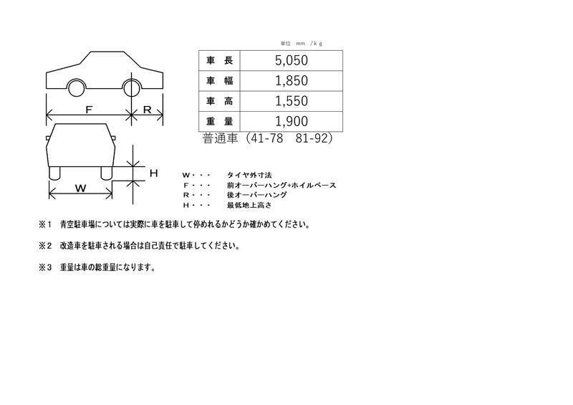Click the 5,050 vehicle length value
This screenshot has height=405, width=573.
pyautogui.click(x=292, y=60)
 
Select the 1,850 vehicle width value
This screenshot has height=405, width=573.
pyautogui.click(x=292, y=81)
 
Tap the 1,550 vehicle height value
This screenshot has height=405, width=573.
pyautogui.click(x=292, y=101)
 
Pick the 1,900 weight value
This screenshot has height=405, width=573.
pyautogui.click(x=292, y=121)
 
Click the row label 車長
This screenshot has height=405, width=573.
pyautogui.click(x=219, y=60)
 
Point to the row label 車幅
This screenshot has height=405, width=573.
pyautogui.click(x=219, y=81)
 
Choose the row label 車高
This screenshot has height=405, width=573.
pyautogui.click(x=219, y=101)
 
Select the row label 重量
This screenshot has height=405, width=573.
pyautogui.click(x=219, y=121)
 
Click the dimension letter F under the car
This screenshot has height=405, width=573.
pyautogui.click(x=89, y=110)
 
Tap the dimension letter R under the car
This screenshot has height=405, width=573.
pyautogui.click(x=148, y=110)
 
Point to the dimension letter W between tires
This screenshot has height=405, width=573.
pyautogui.click(x=81, y=189)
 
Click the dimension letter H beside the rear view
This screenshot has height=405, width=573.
pyautogui.click(x=154, y=173)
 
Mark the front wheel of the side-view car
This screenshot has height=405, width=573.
pyautogui.click(x=77, y=87)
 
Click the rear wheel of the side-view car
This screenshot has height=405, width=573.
pyautogui.click(x=132, y=87)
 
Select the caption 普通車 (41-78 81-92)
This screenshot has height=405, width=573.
pyautogui.click(x=268, y=138)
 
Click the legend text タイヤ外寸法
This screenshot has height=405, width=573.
pyautogui.click(x=249, y=175)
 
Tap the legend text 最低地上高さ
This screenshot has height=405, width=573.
pyautogui.click(x=249, y=205)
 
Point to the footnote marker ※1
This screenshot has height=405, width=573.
pyautogui.click(x=45, y=224)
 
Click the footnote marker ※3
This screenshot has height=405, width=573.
pyautogui.click(x=45, y=267)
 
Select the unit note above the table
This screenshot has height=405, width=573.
pyautogui.click(x=302, y=44)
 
